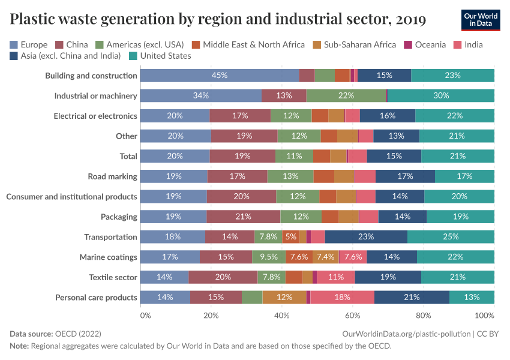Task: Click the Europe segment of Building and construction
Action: click(219, 76)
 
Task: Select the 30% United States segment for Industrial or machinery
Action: click(441, 96)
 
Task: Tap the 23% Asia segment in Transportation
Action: click(366, 237)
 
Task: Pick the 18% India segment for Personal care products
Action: click(342, 298)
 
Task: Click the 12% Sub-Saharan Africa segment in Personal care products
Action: click(284, 298)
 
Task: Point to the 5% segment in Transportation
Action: click(290, 237)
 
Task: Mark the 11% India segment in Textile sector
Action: click(335, 277)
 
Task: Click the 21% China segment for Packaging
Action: click(244, 217)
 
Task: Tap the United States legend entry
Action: click(164, 56)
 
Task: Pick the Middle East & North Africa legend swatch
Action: click(195, 44)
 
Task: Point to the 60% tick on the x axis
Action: click(353, 315)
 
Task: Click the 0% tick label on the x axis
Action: click(144, 315)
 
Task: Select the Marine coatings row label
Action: click(108, 257)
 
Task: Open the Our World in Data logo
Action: click(481, 20)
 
